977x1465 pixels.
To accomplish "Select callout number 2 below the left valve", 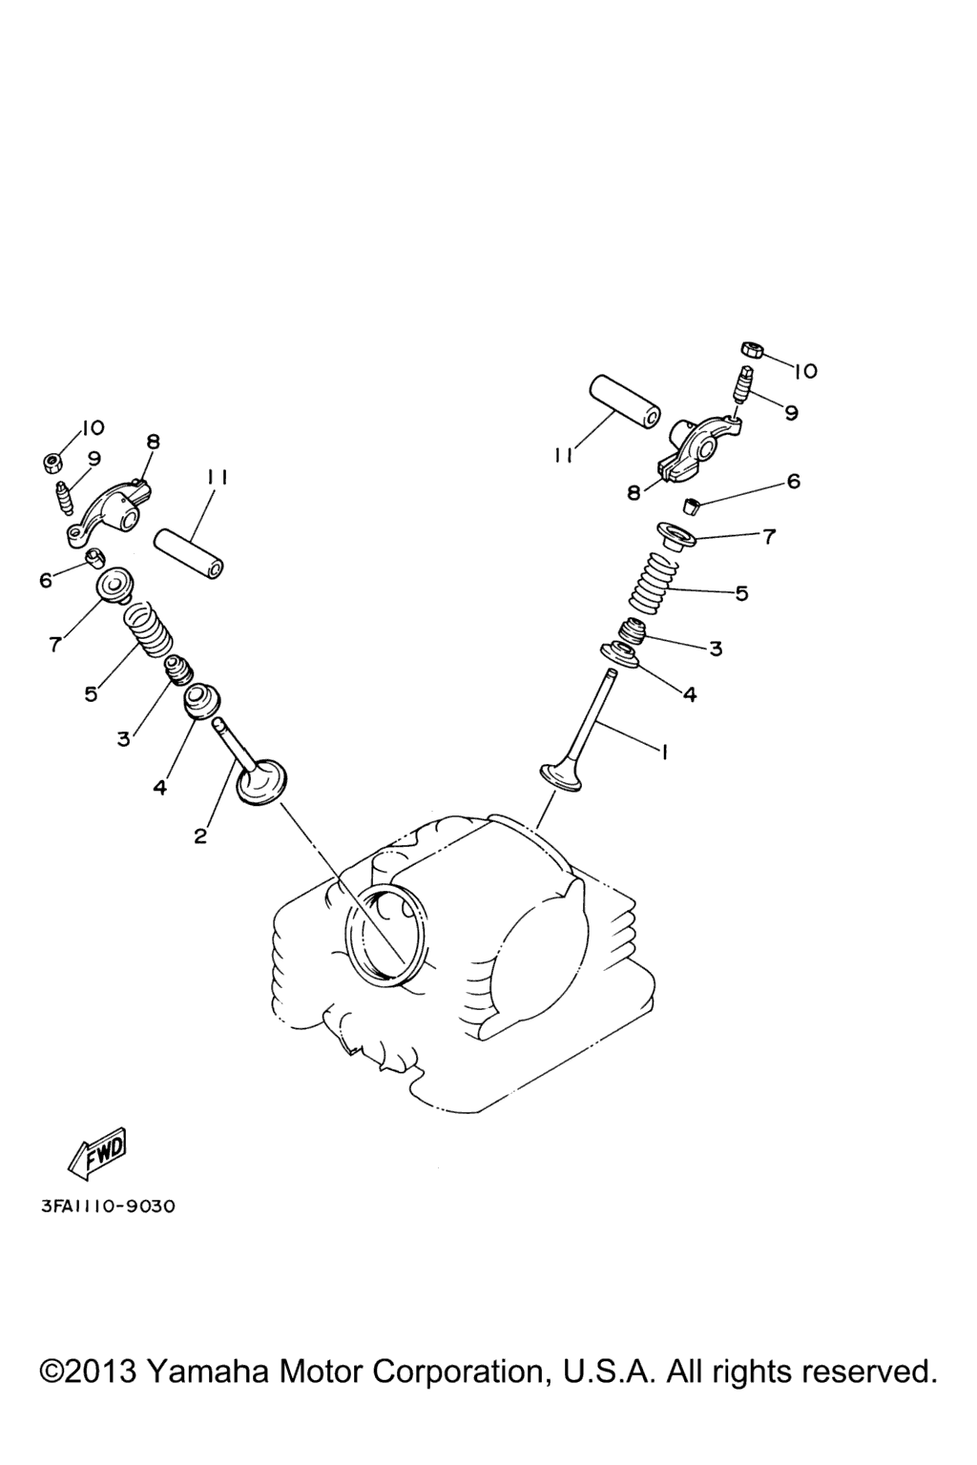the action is [200, 836].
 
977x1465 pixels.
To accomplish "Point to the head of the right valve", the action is [561, 777].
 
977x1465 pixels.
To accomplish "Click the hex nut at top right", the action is [750, 350].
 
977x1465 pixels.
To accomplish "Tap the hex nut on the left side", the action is [51, 463].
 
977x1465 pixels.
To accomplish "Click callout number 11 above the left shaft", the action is [216, 479].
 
